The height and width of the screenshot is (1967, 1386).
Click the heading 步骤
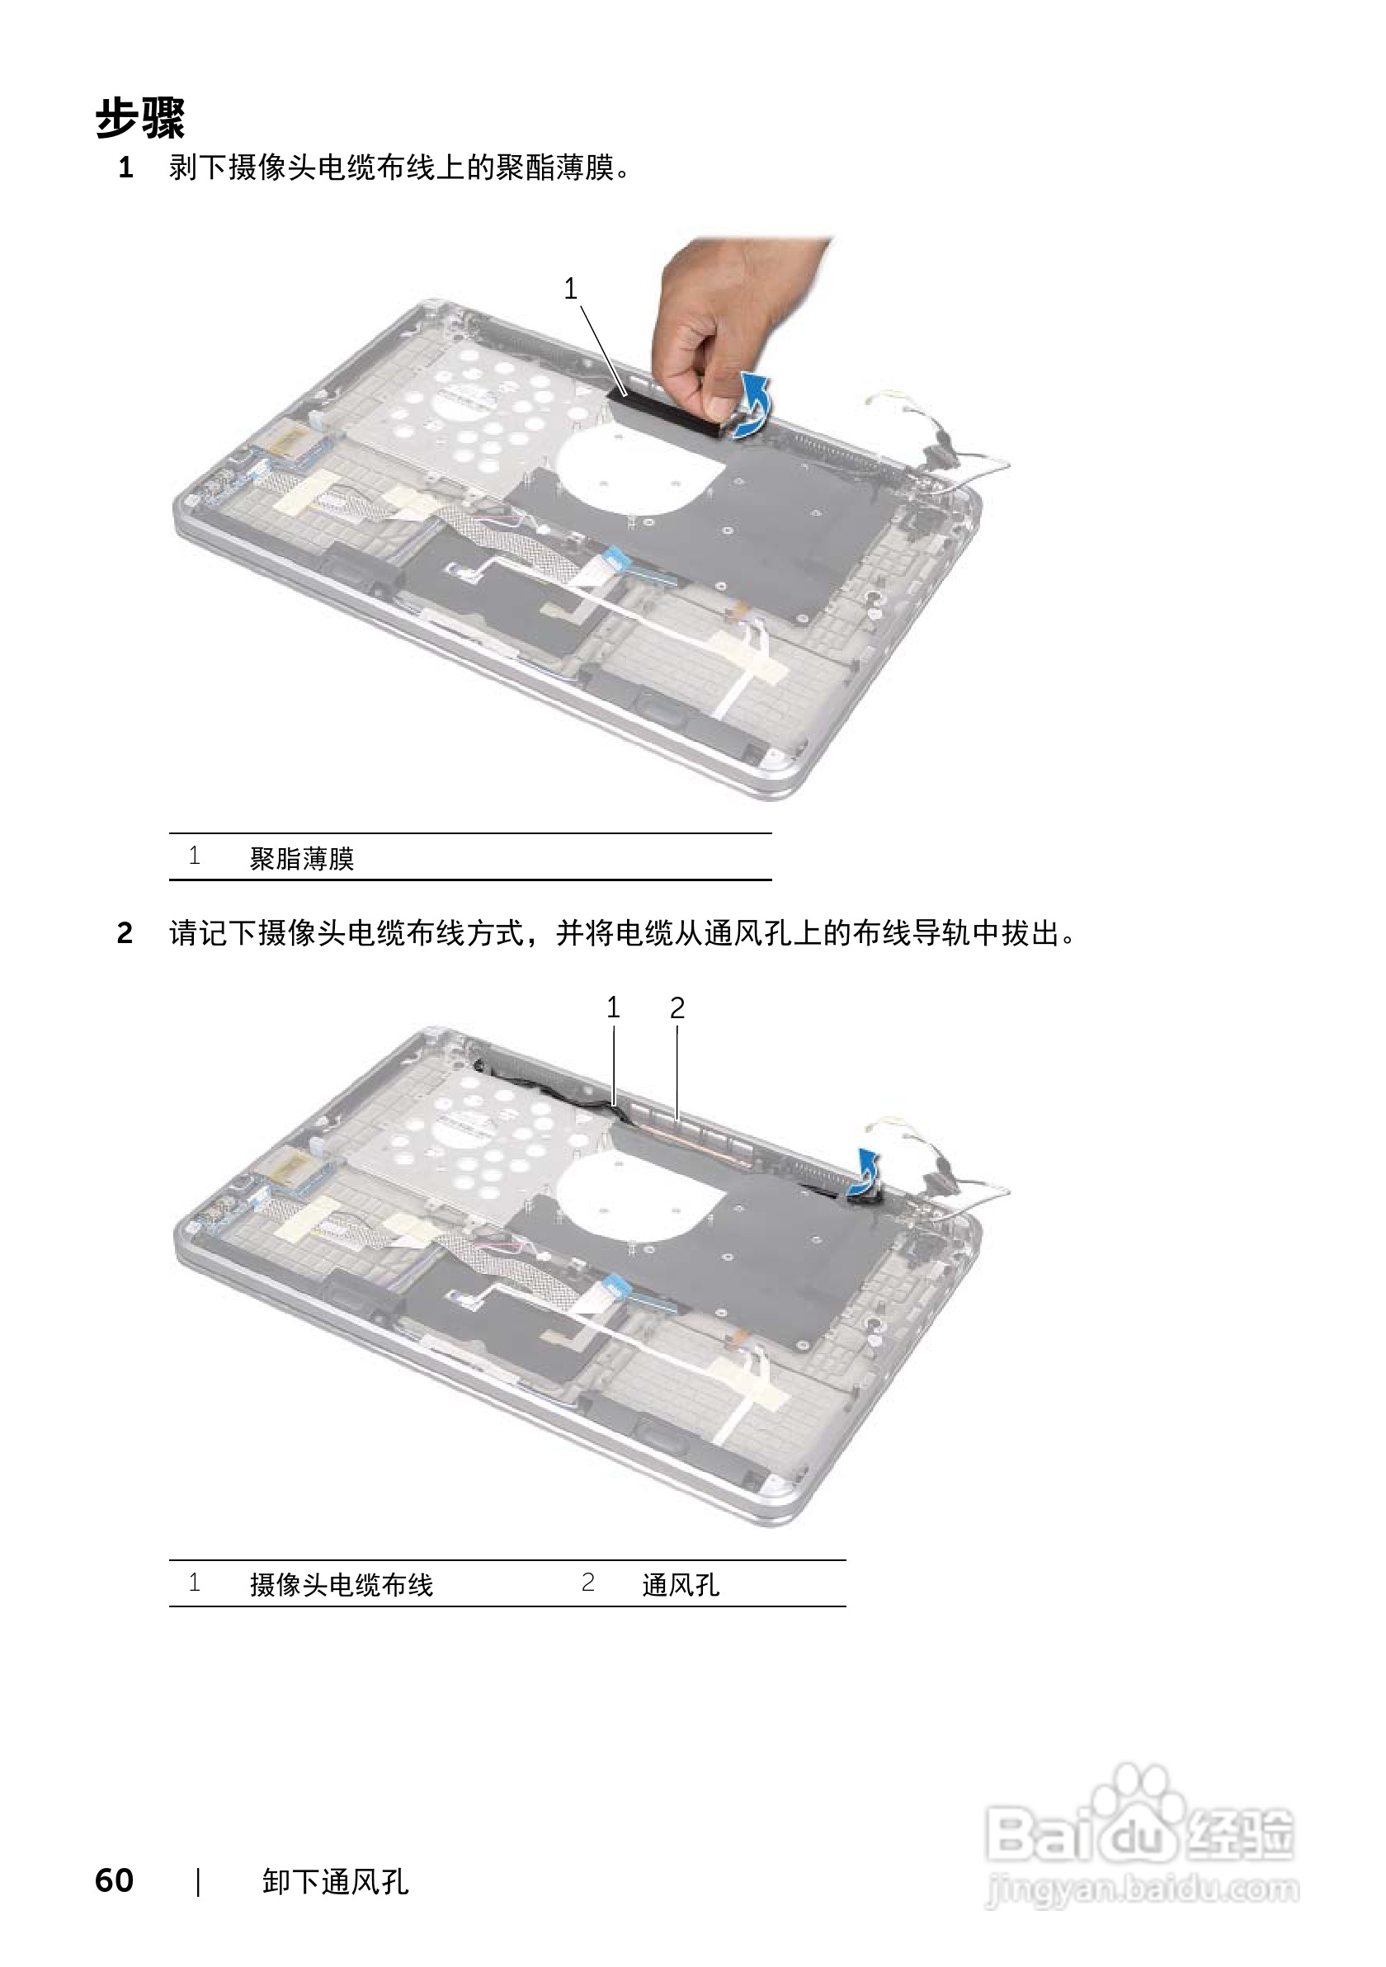point(139,118)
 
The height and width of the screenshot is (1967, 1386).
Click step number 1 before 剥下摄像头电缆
point(126,168)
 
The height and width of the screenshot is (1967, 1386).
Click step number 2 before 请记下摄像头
point(125,933)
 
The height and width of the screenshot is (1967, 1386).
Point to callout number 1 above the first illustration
point(571,290)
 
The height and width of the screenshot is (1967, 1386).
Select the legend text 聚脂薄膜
point(301,858)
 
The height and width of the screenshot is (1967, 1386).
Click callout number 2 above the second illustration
point(676,1008)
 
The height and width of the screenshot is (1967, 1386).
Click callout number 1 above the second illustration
point(612,1007)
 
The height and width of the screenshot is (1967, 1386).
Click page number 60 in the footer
point(114,1856)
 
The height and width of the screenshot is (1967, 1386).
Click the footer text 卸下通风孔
point(335,1857)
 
